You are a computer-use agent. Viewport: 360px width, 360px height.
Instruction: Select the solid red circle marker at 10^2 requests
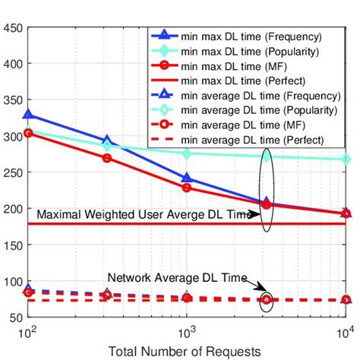(29, 133)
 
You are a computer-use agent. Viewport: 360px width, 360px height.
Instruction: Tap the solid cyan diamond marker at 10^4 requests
(346, 159)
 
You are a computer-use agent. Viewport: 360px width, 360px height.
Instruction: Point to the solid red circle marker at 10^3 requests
(187, 188)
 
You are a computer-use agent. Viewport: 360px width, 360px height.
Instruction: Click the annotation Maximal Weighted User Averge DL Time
(144, 215)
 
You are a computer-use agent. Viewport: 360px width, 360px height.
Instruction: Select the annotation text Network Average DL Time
(177, 278)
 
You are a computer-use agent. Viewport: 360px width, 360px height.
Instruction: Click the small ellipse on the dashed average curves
(266, 300)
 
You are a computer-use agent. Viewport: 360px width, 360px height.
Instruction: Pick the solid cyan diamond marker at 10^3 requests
(187, 153)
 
